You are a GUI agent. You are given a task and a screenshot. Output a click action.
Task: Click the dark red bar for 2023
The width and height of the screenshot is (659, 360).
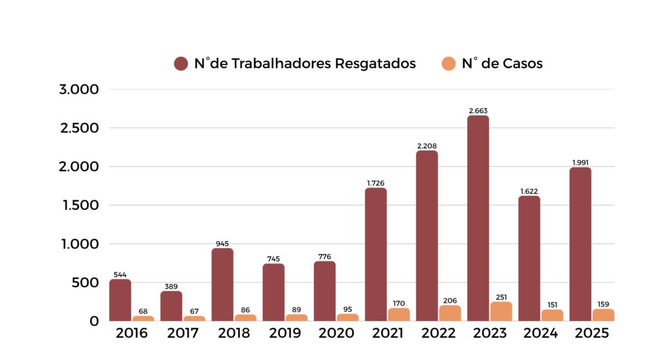click(478, 219)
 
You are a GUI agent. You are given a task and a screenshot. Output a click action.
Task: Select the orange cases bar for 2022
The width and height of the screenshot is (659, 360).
click(450, 313)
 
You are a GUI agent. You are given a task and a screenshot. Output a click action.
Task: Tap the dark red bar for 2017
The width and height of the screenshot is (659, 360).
click(171, 306)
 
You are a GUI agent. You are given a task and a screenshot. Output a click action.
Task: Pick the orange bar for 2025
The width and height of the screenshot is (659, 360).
click(604, 315)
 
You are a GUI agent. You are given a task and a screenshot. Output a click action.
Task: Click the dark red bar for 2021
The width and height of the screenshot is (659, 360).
click(376, 254)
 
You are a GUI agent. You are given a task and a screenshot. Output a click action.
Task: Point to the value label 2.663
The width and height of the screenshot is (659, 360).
click(478, 111)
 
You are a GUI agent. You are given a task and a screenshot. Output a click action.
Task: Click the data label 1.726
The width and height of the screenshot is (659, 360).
click(376, 184)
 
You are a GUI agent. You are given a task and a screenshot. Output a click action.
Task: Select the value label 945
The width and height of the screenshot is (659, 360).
click(222, 244)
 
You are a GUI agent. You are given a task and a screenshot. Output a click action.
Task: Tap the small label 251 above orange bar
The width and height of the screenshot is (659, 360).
click(501, 297)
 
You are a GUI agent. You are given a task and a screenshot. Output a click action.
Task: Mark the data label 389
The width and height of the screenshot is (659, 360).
click(171, 287)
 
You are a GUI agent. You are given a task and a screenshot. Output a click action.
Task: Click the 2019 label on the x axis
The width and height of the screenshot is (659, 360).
click(284, 334)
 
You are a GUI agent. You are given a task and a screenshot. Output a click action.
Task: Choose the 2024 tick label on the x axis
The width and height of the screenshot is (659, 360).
click(541, 334)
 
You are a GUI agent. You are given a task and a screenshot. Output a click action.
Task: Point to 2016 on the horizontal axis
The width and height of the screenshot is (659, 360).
click(131, 334)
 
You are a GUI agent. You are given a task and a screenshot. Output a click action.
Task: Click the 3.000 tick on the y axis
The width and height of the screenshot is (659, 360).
click(79, 90)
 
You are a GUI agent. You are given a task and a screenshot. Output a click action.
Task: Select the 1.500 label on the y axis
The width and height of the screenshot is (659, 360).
click(79, 205)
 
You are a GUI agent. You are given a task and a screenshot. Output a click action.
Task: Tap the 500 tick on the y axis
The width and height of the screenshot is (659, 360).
click(86, 283)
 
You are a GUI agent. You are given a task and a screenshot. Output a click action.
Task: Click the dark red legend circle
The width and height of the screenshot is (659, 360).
click(181, 64)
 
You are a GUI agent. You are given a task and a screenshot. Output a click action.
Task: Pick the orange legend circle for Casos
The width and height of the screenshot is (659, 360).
click(449, 64)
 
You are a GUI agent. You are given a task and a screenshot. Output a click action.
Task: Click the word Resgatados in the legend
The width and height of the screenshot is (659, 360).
click(375, 64)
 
